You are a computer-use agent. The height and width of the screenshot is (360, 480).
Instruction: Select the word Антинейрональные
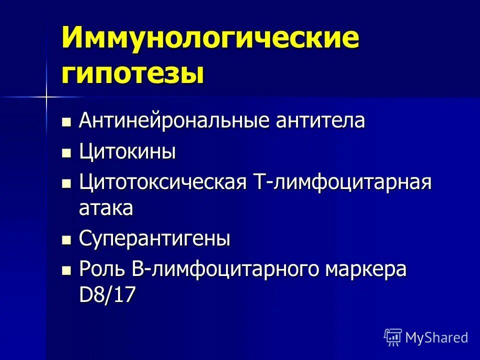click(x=167, y=121)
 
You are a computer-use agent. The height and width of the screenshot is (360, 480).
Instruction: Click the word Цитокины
click(x=127, y=151)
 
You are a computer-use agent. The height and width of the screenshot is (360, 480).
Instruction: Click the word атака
click(x=105, y=208)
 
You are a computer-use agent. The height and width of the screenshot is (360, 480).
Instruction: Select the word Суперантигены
click(x=154, y=239)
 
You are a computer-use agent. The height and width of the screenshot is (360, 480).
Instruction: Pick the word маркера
click(x=366, y=269)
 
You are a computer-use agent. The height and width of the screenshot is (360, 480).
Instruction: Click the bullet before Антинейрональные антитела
click(x=66, y=122)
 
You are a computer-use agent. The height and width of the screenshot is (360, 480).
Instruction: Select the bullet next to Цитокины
click(x=66, y=152)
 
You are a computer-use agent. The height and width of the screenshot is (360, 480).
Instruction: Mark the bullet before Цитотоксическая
click(x=66, y=183)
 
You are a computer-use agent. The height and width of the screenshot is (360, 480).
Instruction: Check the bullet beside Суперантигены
click(x=66, y=240)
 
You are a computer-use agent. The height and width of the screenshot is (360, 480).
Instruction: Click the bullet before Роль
click(x=66, y=270)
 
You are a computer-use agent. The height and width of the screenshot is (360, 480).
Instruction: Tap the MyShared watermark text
click(x=436, y=337)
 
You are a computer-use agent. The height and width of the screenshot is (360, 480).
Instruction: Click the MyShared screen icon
click(x=392, y=337)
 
